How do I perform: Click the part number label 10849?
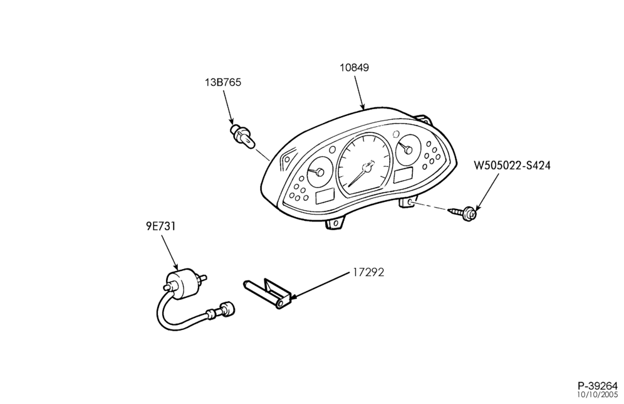point(354,68)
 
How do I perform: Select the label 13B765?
point(223,82)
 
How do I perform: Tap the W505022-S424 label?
point(512,166)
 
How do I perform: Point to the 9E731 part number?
point(160,226)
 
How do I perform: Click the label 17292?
point(368,272)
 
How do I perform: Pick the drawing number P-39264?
point(598,386)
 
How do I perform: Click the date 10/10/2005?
point(598,395)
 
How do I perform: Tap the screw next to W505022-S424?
point(463,213)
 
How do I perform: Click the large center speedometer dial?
point(363,164)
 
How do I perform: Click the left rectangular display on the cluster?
point(325,196)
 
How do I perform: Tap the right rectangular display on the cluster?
point(403,175)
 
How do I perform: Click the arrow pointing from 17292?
point(320,285)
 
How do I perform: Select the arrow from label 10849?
point(359,92)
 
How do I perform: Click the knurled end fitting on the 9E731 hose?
point(228,309)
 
